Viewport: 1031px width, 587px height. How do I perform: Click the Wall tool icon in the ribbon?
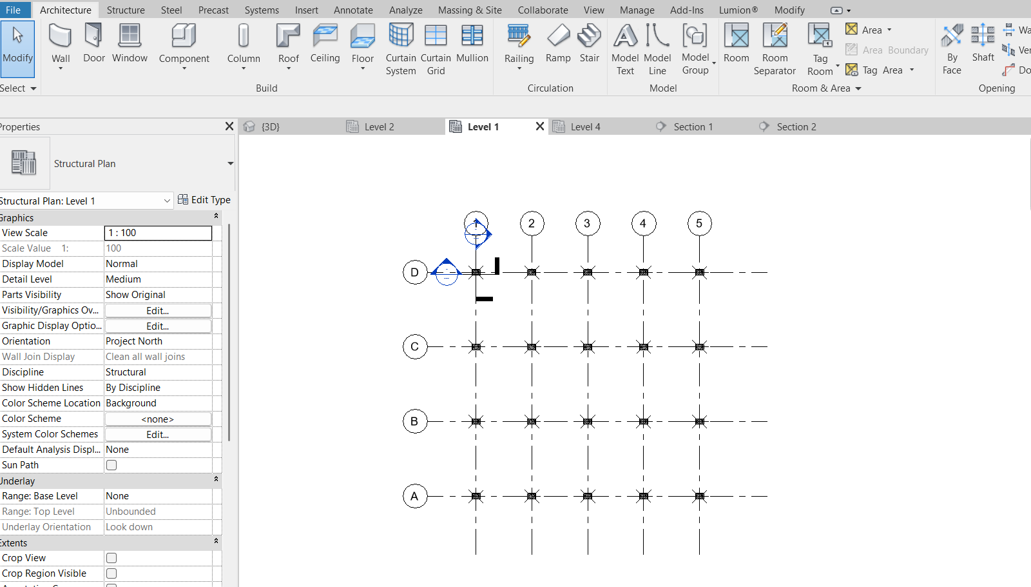[61, 36]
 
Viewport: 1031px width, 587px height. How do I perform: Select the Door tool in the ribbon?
[93, 36]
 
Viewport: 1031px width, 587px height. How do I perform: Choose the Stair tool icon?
[589, 36]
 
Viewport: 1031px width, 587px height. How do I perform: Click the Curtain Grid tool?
[436, 36]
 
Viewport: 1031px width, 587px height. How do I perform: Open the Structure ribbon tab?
[126, 10]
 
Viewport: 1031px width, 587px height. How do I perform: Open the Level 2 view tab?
[379, 127]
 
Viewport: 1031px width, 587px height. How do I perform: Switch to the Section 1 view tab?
[693, 127]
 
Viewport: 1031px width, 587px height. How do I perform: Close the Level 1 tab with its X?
[540, 126]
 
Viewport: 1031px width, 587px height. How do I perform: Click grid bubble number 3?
[587, 224]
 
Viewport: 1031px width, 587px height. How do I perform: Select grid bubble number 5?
[699, 224]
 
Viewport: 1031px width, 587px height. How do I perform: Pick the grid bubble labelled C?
[414, 347]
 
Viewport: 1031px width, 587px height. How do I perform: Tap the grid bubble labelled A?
[414, 496]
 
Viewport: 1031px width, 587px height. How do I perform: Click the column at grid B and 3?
[588, 422]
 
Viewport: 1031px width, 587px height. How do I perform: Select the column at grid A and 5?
[699, 496]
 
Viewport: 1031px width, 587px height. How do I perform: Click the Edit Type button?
[204, 200]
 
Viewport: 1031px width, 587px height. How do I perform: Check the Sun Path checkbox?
[111, 465]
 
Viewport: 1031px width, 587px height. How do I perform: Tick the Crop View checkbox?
[111, 558]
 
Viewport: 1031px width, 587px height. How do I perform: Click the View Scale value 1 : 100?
[158, 233]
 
